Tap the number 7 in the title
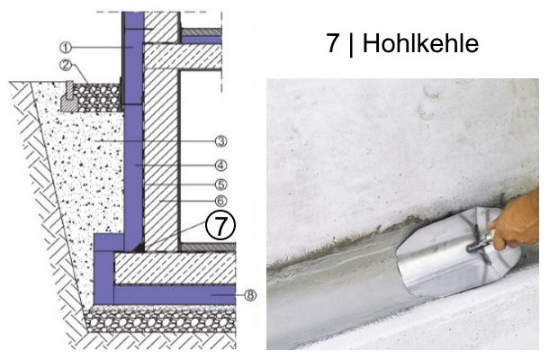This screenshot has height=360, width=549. pos(334,44)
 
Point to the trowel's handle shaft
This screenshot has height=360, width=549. pos(481,241)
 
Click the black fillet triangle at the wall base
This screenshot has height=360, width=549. pos(135,245)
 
